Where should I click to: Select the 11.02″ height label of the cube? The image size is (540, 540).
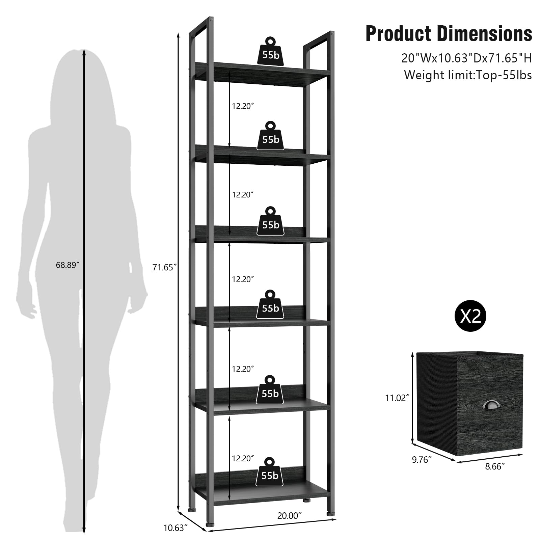tap(397, 398)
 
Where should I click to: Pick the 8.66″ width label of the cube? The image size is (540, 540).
tap(495, 466)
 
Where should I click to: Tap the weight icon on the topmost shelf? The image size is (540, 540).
tap(271, 51)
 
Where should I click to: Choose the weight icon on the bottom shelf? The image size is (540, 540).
tap(270, 472)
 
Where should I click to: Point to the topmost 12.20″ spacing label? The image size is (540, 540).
tap(242, 106)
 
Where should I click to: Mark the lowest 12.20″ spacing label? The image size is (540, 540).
tap(242, 458)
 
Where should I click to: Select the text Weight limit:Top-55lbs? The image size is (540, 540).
tap(468, 75)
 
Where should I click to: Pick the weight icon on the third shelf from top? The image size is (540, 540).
tap(270, 221)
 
